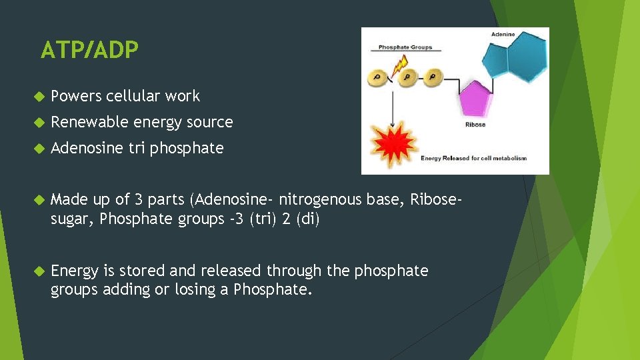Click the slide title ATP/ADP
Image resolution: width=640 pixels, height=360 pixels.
coord(89,50)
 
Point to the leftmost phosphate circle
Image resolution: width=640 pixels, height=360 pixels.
coord(377,78)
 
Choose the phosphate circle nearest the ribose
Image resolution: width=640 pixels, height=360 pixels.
coord(433,78)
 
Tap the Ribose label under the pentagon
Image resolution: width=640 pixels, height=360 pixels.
coord(475,125)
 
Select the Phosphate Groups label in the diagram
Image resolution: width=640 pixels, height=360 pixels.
coord(405,47)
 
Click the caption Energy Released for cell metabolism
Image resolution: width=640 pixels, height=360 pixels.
coord(473,158)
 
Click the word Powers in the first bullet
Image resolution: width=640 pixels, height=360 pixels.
coord(75,96)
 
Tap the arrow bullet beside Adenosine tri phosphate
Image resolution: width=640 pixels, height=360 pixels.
coord(38,149)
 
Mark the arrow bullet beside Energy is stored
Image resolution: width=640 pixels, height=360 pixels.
coord(38,271)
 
